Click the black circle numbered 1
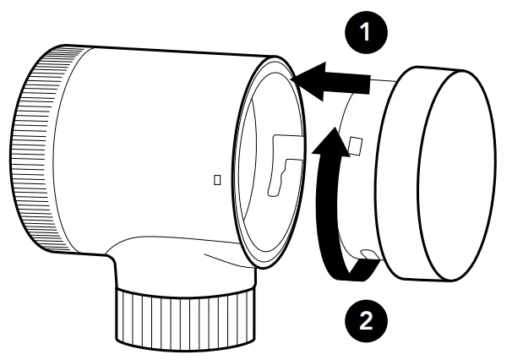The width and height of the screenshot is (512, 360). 366,32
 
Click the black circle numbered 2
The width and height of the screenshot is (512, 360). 366,321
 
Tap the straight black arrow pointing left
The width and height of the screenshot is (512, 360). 330,82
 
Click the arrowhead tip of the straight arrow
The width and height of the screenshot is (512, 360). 291,79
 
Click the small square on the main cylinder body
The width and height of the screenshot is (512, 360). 217,180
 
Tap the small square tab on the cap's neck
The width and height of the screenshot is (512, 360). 355,146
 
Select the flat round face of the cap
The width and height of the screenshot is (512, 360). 456,175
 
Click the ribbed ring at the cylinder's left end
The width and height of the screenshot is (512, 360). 36,149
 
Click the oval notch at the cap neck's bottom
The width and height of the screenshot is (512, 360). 369,254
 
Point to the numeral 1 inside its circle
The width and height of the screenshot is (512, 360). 365,32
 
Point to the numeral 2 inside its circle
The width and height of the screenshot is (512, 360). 366,321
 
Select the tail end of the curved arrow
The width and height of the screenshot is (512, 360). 366,270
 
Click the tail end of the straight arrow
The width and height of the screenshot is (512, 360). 369,85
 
